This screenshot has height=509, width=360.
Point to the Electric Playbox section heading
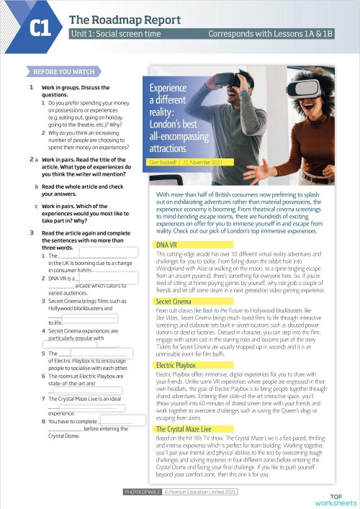click(176, 366)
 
